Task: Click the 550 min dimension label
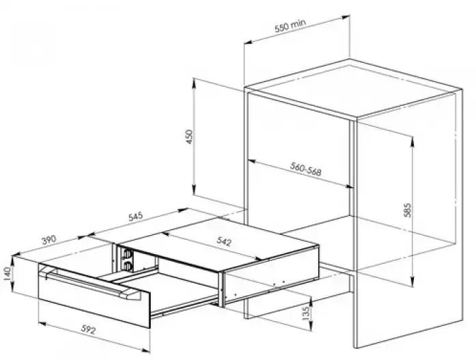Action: [290, 25]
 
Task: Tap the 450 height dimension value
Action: [188, 137]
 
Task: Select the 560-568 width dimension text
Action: [305, 169]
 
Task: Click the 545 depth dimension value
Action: [135, 217]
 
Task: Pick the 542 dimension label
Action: [224, 241]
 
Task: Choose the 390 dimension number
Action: [49, 240]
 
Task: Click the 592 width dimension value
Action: [89, 329]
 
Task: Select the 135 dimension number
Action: [306, 312]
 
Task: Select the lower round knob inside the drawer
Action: [127, 266]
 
